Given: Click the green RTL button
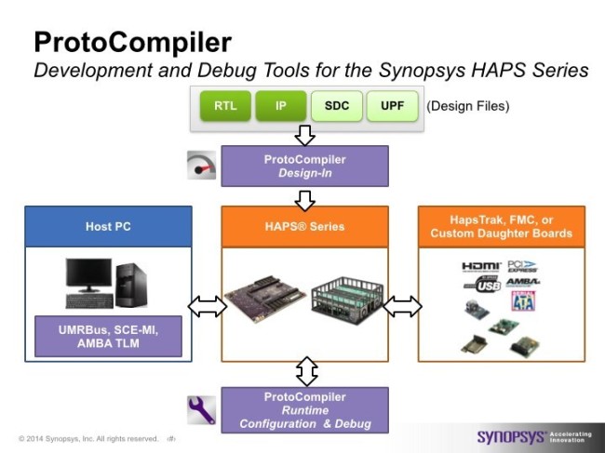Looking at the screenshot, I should (x=225, y=106).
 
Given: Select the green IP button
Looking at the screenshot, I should (x=281, y=106).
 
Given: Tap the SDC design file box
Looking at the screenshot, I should (x=337, y=106).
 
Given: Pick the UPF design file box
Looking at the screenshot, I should (x=393, y=106).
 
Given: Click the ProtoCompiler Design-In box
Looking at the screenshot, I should (x=303, y=166).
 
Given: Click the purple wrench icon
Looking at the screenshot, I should (x=201, y=410).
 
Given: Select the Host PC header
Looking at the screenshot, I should (x=108, y=226).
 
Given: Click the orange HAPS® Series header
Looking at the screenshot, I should (x=303, y=226).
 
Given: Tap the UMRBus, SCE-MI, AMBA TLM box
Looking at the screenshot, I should (x=108, y=336).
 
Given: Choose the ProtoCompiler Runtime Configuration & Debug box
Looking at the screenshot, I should (x=303, y=410).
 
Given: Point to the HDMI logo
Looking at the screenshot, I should (x=480, y=267).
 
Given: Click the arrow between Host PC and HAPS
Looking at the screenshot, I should (x=207, y=306).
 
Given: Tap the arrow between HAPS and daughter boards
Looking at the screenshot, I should (x=402, y=306).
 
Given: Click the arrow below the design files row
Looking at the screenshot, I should (x=303, y=135).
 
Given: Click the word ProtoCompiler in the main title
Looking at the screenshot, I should (x=132, y=42).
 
